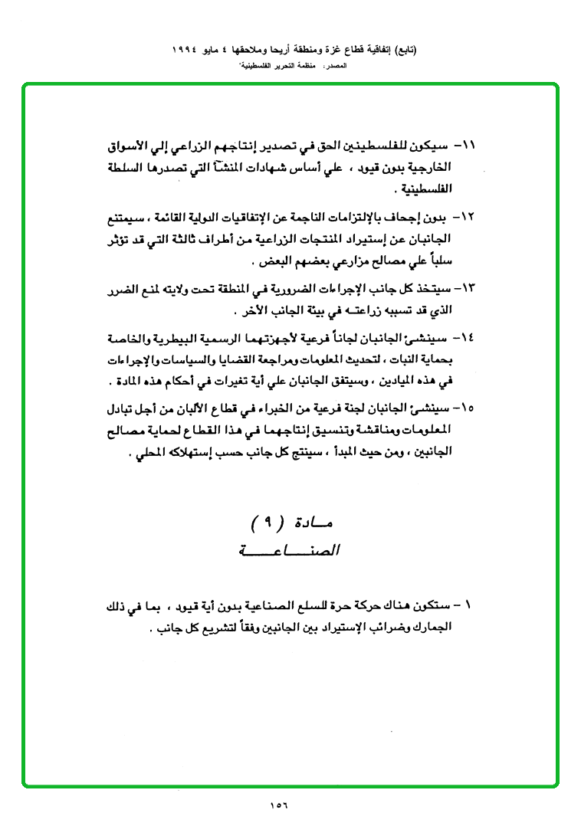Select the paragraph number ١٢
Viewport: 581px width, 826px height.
468,218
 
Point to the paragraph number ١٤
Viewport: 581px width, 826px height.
468,337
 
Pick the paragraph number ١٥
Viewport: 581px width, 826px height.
468,407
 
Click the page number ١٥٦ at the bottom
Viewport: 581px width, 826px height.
284,805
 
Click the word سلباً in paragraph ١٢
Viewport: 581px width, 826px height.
441,261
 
